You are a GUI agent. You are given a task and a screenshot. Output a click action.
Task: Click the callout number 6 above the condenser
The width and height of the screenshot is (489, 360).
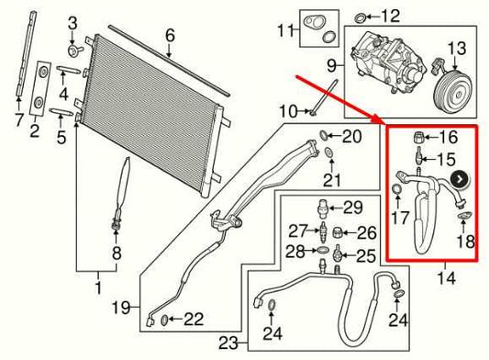pyautogui.click(x=169, y=36)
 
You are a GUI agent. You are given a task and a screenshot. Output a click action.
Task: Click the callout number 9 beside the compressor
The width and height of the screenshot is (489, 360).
pyautogui.click(x=331, y=65)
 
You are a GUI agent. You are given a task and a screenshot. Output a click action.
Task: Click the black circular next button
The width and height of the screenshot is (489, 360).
pyautogui.click(x=461, y=180)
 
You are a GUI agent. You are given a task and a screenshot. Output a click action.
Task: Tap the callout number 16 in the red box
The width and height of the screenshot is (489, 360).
pyautogui.click(x=448, y=137)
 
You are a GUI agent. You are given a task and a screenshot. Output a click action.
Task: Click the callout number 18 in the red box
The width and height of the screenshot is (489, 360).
pyautogui.click(x=466, y=242)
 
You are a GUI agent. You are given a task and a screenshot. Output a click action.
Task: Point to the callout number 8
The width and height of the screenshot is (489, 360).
pyautogui.click(x=117, y=253)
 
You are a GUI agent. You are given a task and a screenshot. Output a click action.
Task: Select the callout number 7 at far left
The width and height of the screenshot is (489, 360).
pyautogui.click(x=17, y=118)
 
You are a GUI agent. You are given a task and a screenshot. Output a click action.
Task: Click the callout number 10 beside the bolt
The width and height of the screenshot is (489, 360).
pyautogui.click(x=287, y=111)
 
